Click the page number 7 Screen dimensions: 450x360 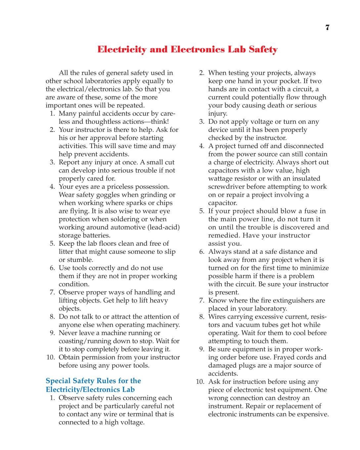pyautogui.click(x=327, y=27)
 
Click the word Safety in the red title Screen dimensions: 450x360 pyautogui.click(x=263, y=49)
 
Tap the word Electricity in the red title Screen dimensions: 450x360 pyautogui.click(x=122, y=49)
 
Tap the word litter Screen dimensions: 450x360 pyautogui.click(x=66, y=252)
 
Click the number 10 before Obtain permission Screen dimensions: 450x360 pyautogui.click(x=50, y=357)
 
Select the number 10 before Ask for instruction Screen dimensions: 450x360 pyautogui.click(x=200, y=382)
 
